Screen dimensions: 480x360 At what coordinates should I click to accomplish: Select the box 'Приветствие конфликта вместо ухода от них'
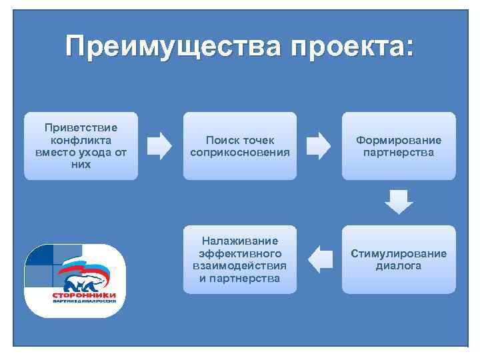click(x=81, y=145)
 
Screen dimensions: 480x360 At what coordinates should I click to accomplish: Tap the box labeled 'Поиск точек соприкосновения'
click(x=240, y=145)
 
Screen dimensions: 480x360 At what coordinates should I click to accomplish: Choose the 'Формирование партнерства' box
click(x=399, y=145)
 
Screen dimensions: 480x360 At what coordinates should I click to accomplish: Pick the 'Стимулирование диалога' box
click(x=399, y=259)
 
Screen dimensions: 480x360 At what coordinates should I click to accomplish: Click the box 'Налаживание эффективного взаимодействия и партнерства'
click(x=240, y=259)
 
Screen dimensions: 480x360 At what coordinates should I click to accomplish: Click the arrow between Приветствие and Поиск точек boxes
click(x=159, y=146)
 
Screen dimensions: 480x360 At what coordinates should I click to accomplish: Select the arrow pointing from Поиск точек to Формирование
click(x=319, y=146)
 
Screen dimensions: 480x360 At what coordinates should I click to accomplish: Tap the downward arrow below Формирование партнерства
click(x=399, y=202)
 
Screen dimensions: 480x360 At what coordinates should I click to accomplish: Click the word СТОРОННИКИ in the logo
click(x=84, y=295)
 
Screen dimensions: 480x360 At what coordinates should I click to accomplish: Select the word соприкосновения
click(x=240, y=152)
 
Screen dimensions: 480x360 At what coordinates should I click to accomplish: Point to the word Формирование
click(x=399, y=140)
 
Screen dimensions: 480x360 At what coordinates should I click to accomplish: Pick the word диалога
click(x=399, y=265)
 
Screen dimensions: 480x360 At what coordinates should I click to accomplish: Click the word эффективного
click(x=240, y=253)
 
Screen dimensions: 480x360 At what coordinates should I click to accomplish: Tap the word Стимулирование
click(x=399, y=253)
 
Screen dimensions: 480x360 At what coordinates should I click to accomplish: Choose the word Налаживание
click(x=240, y=241)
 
